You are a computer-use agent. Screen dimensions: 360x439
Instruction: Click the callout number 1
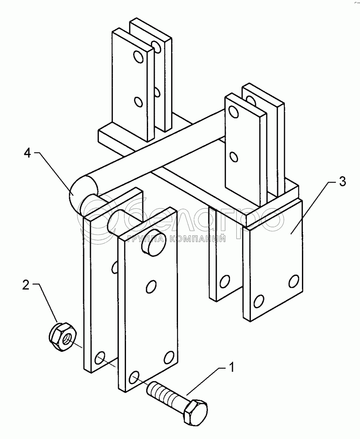coord(232,368)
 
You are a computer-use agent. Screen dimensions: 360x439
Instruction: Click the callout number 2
coord(26,285)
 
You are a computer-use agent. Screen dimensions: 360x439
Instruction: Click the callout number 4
coord(27,153)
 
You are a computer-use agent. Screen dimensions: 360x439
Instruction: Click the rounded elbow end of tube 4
coord(82,193)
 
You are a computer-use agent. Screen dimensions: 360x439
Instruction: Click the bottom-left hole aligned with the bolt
coord(135,378)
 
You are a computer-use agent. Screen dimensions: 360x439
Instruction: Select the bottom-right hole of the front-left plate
coord(168,358)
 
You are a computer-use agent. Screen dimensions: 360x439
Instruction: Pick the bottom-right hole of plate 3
coord(294,281)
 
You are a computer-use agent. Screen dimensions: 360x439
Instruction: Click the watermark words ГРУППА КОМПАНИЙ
coord(176,239)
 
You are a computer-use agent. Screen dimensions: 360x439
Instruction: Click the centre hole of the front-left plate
coord(151,287)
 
